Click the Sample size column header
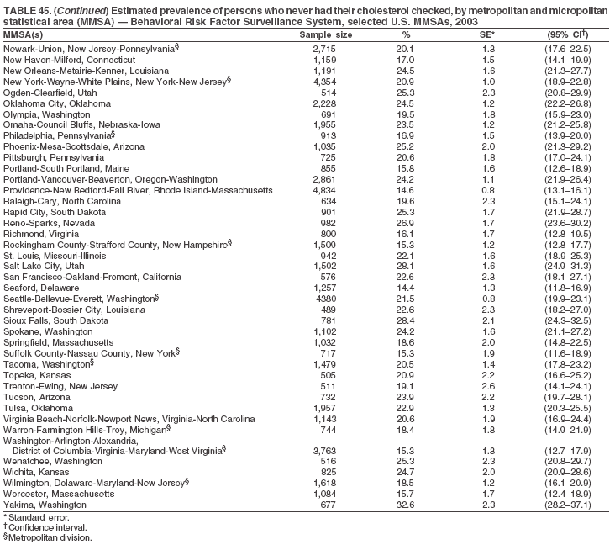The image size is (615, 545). (x=326, y=34)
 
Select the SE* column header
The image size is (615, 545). (x=486, y=34)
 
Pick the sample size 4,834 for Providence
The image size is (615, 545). (x=324, y=191)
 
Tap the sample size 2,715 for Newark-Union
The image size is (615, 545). (x=324, y=48)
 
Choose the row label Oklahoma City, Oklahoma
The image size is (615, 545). (x=57, y=103)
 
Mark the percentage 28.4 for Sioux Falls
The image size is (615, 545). (x=405, y=320)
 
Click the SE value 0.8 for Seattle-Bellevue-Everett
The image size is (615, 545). (x=486, y=299)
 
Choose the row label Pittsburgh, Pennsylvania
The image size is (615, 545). (x=54, y=157)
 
